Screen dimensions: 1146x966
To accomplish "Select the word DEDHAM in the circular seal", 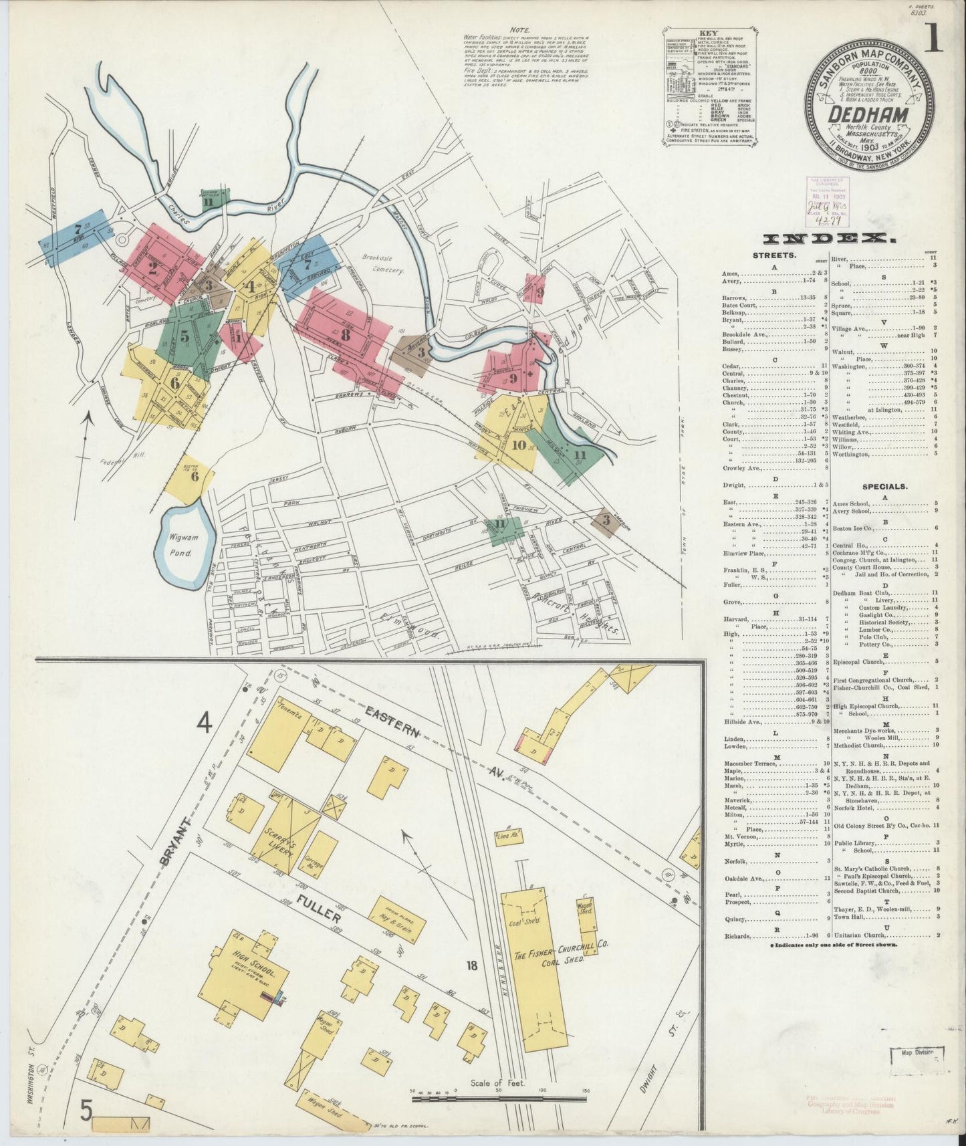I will coord(868,114).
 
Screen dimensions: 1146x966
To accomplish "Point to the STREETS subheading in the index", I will coord(775,255).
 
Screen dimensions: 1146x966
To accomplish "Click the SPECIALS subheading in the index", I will coord(885,487).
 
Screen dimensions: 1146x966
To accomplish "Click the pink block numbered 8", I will coord(345,333).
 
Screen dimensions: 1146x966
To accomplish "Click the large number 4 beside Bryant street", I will coord(205,723).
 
